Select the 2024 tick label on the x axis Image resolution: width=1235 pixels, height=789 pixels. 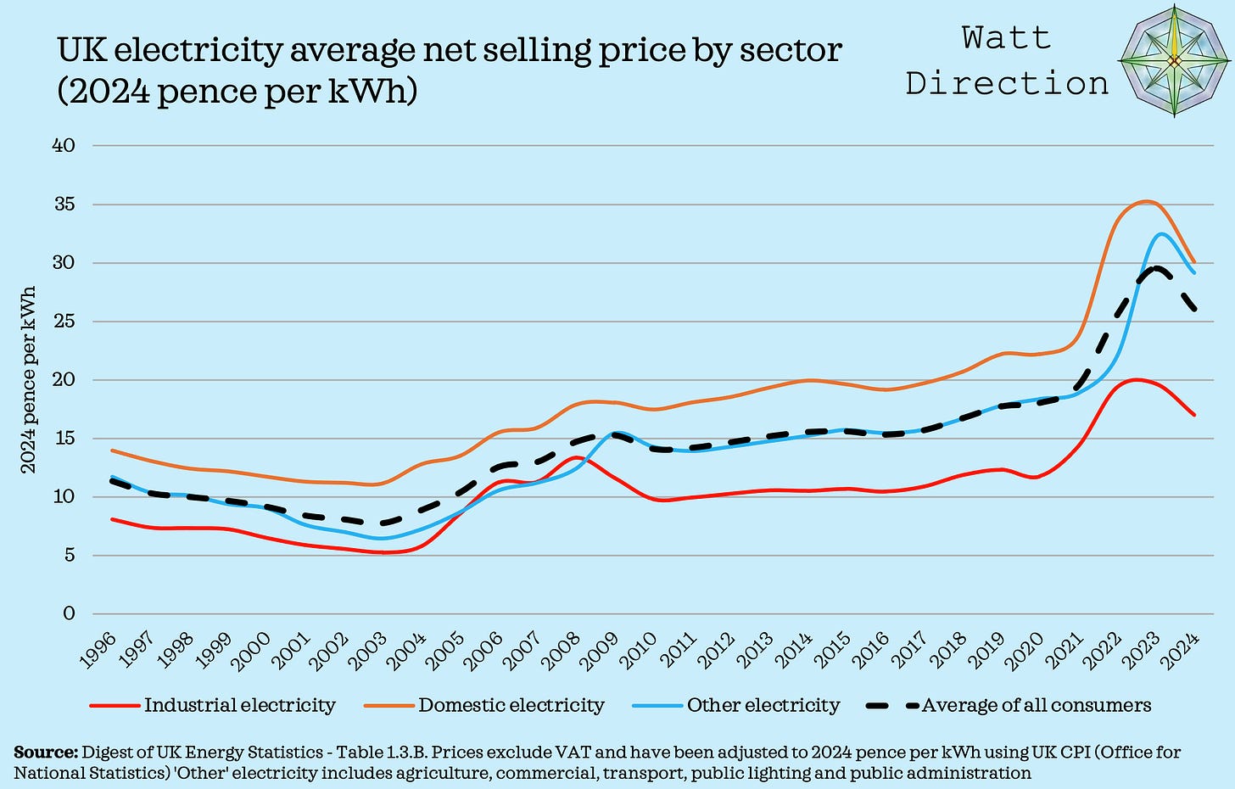pos(1184,652)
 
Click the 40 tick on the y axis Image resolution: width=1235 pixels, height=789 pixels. pos(65,146)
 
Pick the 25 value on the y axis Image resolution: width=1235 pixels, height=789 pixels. pos(65,322)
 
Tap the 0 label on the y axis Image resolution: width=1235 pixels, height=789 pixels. pos(70,613)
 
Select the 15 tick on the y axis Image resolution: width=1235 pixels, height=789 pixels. pos(65,439)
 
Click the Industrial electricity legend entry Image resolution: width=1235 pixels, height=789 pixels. pos(240,706)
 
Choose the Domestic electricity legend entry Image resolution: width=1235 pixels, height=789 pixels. pos(511,706)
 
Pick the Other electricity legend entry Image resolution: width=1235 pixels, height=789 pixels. pos(763,706)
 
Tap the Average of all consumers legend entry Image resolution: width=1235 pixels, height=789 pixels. pos(1036,706)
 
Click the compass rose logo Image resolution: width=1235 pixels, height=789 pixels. pos(1175,61)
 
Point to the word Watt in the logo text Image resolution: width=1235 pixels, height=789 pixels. pos(1007,38)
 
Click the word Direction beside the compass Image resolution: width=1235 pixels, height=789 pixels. pos(1007,83)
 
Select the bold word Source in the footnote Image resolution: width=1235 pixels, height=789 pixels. pos(45,753)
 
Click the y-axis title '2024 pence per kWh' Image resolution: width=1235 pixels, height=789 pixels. pos(28,379)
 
